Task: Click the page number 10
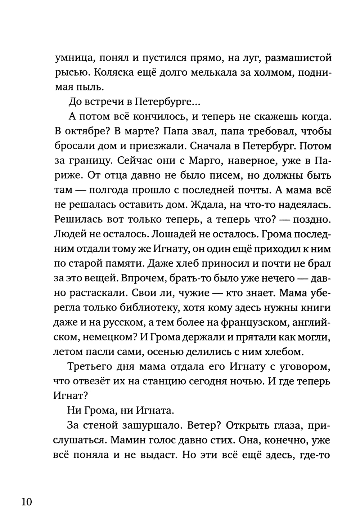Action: point(26,501)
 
